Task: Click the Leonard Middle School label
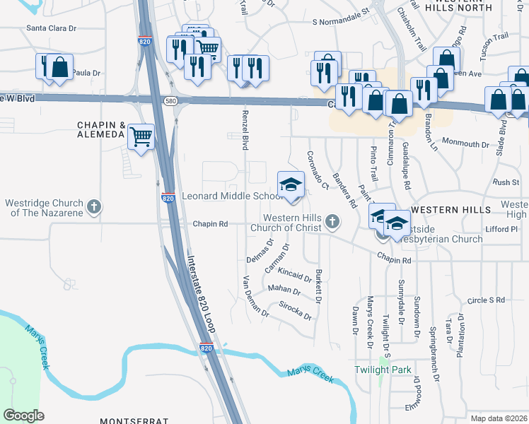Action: pyautogui.click(x=233, y=196)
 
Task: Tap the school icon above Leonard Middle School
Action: pyautogui.click(x=290, y=184)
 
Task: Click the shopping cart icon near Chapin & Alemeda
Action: pyautogui.click(x=141, y=135)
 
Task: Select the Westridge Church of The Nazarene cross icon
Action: pyautogui.click(x=93, y=208)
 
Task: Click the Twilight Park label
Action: pyautogui.click(x=383, y=370)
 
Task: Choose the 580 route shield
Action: pyautogui.click(x=170, y=102)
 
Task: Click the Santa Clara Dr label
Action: pyautogui.click(x=51, y=28)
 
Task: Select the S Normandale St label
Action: pyautogui.click(x=341, y=17)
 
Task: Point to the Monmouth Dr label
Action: pyautogui.click(x=465, y=143)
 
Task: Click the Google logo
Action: pyautogui.click(x=23, y=416)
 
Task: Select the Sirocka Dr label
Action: pyautogui.click(x=296, y=312)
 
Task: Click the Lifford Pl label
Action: pyautogui.click(x=503, y=230)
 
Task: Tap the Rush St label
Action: pyautogui.click(x=506, y=182)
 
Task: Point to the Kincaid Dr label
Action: pyautogui.click(x=295, y=274)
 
